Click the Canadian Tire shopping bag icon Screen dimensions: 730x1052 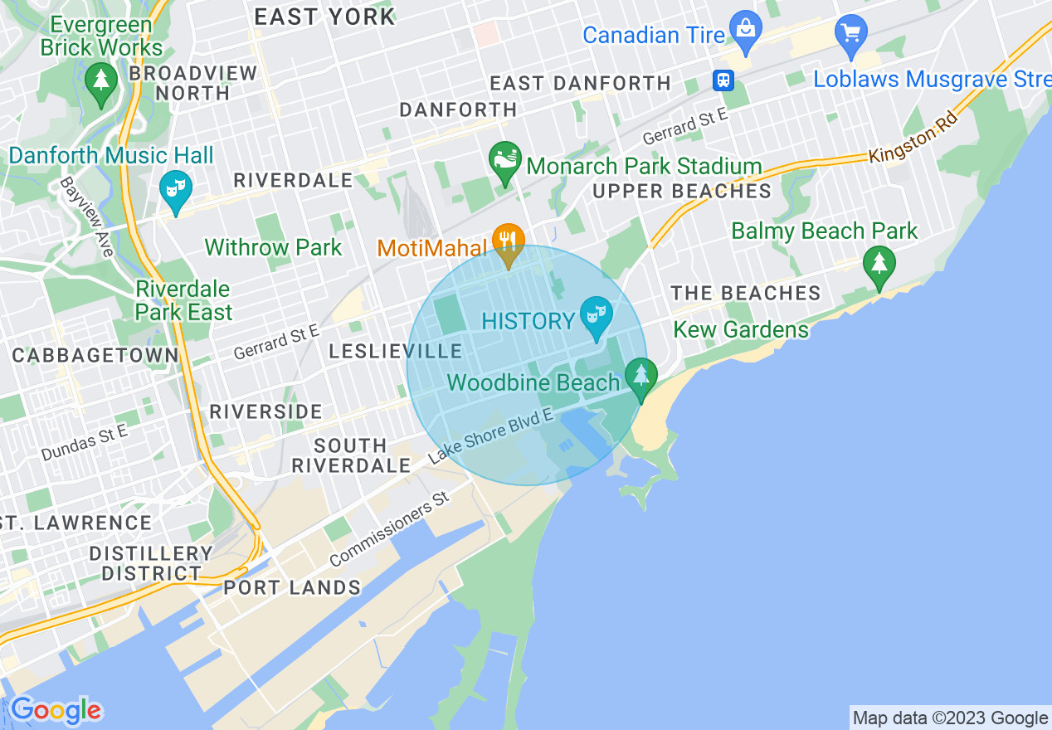pyautogui.click(x=746, y=28)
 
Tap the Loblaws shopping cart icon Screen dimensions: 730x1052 pyautogui.click(x=850, y=33)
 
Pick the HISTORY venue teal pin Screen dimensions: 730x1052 pyautogui.click(x=596, y=316)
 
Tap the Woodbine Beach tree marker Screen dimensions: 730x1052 pyautogui.click(x=640, y=376)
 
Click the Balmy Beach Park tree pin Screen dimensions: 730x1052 pyautogui.click(x=879, y=265)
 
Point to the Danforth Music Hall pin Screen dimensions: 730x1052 pyautogui.click(x=175, y=189)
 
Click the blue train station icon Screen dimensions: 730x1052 pyautogui.click(x=723, y=80)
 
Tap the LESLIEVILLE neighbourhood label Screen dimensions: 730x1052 pyautogui.click(x=396, y=351)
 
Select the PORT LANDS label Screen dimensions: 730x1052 pyautogui.click(x=292, y=587)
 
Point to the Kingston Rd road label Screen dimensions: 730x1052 pyautogui.click(x=913, y=138)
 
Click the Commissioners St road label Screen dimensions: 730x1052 pyautogui.click(x=388, y=528)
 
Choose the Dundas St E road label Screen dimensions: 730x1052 pyautogui.click(x=85, y=443)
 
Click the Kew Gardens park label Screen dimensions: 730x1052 pyautogui.click(x=741, y=329)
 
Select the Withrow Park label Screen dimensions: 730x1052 pyautogui.click(x=273, y=247)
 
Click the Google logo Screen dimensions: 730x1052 pyautogui.click(x=56, y=710)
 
